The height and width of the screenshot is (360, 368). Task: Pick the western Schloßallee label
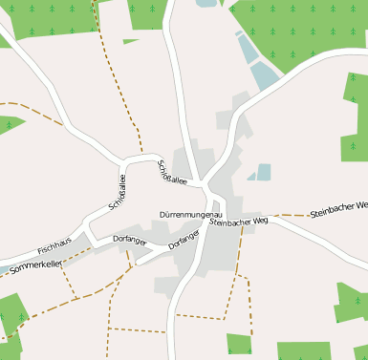pos(118,191)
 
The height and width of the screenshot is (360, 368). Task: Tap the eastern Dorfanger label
pos(184,239)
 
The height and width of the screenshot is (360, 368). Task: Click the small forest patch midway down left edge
pos(10,123)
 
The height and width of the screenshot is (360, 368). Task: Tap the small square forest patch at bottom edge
pos(239,345)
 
